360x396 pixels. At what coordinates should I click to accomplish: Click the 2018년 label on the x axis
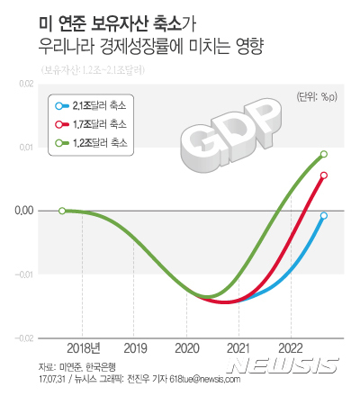83,346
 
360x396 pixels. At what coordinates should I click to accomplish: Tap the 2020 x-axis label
186,346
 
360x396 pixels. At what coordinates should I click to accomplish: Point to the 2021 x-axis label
238,346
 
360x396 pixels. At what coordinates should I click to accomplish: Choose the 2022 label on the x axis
290,346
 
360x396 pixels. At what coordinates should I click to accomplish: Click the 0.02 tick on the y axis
24,84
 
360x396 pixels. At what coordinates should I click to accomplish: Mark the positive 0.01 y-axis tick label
24,147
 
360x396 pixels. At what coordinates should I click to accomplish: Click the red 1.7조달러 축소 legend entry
94,123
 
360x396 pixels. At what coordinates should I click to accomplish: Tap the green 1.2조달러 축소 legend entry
94,142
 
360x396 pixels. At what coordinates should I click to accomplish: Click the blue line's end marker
324,216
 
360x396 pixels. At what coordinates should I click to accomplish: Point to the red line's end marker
324,175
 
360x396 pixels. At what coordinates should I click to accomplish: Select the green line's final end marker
324,154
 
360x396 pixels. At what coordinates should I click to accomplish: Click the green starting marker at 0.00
61,211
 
